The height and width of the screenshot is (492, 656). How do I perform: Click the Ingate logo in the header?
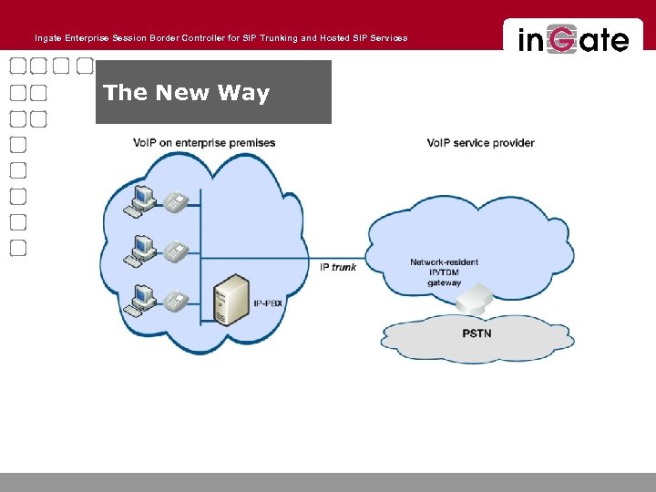[573, 39]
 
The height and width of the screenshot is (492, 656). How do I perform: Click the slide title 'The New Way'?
[187, 93]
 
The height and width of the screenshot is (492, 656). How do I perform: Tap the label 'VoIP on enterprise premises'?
[203, 143]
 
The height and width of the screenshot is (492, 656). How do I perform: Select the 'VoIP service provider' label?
[480, 143]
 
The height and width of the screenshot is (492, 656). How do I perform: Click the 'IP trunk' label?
[338, 267]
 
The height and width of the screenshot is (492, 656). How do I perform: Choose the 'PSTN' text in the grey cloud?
[477, 333]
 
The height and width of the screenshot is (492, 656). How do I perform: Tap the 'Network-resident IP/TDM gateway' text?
[444, 272]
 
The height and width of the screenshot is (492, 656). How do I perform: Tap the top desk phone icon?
[176, 203]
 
